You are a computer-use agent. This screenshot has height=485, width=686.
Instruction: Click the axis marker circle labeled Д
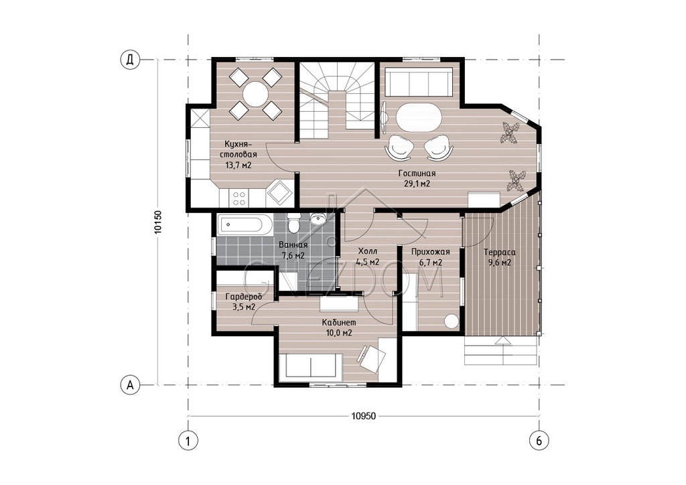(129, 60)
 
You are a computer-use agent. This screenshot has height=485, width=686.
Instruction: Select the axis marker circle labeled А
(129, 385)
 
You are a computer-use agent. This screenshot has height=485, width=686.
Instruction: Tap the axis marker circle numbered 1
(188, 440)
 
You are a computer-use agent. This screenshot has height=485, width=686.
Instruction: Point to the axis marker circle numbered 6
(539, 440)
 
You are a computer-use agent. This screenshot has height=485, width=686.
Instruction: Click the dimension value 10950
(363, 417)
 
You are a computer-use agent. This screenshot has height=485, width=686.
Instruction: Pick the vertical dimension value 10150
(158, 222)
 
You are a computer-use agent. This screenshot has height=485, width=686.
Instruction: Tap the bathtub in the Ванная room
(241, 225)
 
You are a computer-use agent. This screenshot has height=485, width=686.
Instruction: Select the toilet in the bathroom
(293, 222)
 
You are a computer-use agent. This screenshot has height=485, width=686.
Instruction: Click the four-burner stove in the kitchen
(239, 198)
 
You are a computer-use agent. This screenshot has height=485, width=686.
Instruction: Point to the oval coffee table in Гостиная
(419, 117)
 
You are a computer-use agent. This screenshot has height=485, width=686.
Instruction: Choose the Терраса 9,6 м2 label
(500, 258)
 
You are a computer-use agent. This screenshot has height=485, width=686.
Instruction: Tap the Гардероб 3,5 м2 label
(244, 301)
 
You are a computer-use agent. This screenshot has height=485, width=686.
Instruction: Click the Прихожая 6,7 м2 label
(431, 257)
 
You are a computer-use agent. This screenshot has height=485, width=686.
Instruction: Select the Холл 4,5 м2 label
(368, 257)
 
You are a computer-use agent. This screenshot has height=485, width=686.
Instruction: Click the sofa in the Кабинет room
(311, 366)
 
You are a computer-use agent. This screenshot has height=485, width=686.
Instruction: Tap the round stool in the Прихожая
(451, 322)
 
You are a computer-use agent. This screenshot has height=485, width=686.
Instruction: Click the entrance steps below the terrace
(500, 350)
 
